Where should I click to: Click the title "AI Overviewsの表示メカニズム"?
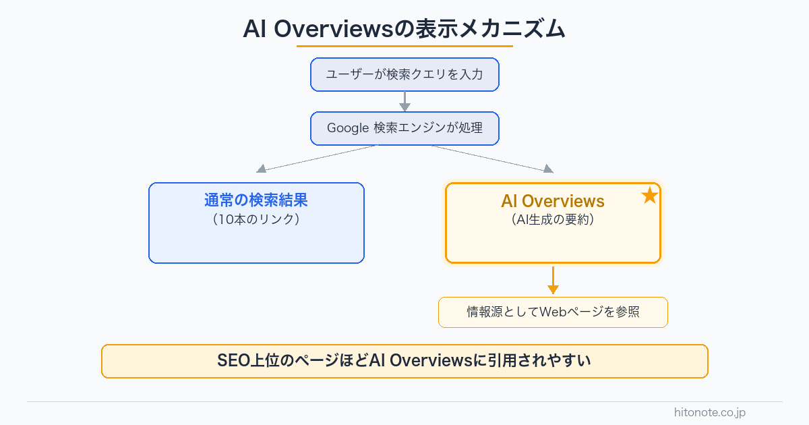[404, 30]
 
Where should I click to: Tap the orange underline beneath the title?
[404, 46]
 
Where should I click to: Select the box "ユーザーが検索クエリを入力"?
[404, 74]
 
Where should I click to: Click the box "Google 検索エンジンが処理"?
[404, 128]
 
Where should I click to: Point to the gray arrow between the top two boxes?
[404, 101]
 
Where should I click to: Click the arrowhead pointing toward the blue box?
[262, 169]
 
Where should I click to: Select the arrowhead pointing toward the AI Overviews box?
[548, 169]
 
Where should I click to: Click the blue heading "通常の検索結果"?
[256, 200]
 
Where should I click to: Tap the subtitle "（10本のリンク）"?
[256, 219]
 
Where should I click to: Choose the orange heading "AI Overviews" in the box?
[553, 201]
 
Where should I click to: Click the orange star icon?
[649, 196]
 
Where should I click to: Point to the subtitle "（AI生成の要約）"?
[553, 219]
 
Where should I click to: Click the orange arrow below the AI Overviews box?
[553, 280]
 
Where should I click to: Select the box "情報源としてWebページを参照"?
[553, 312]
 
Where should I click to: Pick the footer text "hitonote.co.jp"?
[710, 412]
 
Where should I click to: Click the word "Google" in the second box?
[348, 128]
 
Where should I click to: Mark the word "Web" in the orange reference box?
[553, 312]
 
